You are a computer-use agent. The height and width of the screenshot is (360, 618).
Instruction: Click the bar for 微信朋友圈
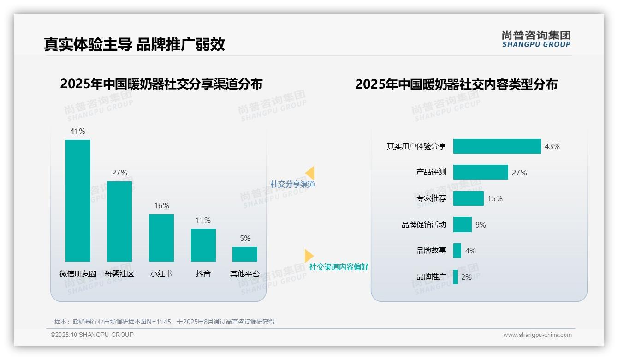point(78,201)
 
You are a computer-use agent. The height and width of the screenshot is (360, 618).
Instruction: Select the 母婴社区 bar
point(119,222)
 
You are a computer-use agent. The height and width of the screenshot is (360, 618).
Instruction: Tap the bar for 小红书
point(161,238)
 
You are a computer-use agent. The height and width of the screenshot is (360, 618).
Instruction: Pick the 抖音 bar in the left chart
point(203,245)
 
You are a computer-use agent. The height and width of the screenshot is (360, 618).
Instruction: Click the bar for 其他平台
point(245,254)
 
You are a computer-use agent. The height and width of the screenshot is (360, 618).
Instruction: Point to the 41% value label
point(77,131)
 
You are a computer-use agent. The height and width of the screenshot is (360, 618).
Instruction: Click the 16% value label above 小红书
point(161,205)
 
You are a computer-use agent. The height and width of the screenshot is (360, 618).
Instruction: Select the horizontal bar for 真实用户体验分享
point(497,146)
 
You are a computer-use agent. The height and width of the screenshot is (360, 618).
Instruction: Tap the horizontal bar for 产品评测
point(481,172)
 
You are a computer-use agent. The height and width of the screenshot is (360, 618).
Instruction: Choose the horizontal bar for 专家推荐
point(469,198)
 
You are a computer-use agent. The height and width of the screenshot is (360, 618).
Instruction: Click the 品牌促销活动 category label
point(424,225)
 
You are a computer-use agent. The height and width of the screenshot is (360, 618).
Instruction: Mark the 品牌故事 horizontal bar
point(457,251)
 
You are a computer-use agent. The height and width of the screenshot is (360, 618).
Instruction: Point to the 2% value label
point(466,277)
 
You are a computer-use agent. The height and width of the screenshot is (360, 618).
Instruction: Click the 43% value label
point(552,146)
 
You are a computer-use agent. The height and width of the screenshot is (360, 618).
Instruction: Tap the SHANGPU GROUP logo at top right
point(536,39)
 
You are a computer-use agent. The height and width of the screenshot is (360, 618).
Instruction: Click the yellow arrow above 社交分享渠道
point(310,173)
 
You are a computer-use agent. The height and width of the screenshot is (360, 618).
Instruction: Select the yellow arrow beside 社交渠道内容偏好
point(309,256)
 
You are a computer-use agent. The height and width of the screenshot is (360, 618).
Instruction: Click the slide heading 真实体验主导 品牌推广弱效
point(134,44)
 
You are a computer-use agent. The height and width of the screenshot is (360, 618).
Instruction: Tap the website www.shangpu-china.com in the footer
point(537,335)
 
